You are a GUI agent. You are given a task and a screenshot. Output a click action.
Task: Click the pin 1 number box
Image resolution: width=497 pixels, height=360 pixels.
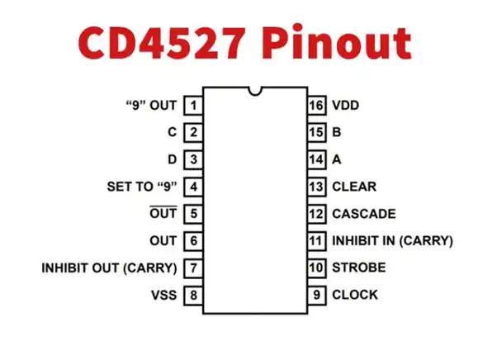point(193,105)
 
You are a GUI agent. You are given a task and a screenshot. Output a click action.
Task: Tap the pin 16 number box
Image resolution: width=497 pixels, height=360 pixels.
point(317,105)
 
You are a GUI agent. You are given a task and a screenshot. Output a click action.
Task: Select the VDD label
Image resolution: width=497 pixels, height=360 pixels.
point(345,105)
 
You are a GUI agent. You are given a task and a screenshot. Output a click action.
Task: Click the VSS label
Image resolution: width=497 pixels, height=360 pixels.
point(163,295)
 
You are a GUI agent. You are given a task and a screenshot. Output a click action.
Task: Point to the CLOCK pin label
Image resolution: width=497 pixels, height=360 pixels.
point(355,295)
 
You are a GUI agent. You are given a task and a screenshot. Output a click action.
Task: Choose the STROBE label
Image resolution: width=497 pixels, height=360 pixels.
point(359,268)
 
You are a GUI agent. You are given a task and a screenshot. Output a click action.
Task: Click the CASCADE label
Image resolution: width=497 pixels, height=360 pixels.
point(364,214)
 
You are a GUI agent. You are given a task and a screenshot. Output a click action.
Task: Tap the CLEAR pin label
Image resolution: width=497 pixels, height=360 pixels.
point(354,187)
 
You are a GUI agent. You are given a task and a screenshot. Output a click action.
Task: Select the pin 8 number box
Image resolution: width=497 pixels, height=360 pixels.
point(193,295)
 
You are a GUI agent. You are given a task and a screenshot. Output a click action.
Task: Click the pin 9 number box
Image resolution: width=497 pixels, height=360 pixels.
point(317,295)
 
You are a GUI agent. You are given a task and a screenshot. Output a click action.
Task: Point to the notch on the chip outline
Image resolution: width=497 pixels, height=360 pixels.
point(255,91)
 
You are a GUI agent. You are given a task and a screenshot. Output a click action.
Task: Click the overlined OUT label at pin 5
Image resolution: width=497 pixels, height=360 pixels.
point(163,213)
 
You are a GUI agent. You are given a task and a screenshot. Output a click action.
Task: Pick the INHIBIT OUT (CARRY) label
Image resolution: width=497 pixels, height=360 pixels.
point(109,268)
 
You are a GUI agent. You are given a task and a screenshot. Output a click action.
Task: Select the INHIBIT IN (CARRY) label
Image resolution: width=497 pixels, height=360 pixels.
point(392,241)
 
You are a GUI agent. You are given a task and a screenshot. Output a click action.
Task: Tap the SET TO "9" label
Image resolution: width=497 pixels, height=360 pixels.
point(142,187)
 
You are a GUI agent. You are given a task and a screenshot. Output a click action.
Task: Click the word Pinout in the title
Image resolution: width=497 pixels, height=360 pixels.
point(336,42)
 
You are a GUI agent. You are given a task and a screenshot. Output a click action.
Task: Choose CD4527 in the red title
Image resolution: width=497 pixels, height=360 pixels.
point(163,42)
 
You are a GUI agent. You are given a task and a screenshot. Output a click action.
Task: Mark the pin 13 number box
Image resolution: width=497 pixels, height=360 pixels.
point(317,187)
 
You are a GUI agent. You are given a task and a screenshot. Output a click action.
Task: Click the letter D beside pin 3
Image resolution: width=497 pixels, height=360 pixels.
point(172,159)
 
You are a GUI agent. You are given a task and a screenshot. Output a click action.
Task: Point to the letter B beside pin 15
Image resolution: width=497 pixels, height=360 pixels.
point(337,132)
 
